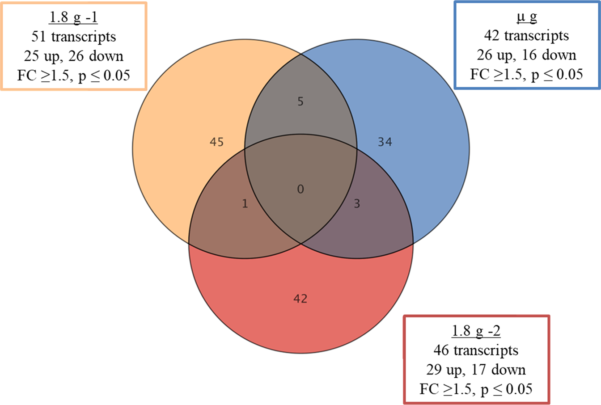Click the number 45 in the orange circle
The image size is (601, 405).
click(x=217, y=142)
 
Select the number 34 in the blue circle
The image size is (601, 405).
click(x=385, y=142)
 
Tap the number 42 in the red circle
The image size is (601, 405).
click(x=300, y=299)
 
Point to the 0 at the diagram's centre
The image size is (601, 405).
click(x=300, y=190)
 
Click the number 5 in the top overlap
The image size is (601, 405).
click(x=300, y=102)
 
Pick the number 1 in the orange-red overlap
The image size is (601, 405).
click(x=245, y=204)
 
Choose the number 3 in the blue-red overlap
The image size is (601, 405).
click(x=356, y=204)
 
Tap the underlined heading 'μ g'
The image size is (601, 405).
click(x=526, y=17)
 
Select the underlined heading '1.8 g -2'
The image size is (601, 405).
click(x=476, y=331)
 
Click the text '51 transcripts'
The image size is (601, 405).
click(x=73, y=36)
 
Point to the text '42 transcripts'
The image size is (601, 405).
click(x=526, y=36)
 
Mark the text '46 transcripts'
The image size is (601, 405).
click(x=476, y=350)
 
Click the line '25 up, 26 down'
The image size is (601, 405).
click(x=73, y=56)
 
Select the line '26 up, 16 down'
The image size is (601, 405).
click(x=526, y=55)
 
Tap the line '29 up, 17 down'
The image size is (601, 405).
click(x=476, y=370)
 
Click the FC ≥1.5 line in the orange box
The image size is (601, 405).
click(x=73, y=75)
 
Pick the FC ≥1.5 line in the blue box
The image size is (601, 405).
click(x=526, y=74)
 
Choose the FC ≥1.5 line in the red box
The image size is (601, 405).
click(x=476, y=389)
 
